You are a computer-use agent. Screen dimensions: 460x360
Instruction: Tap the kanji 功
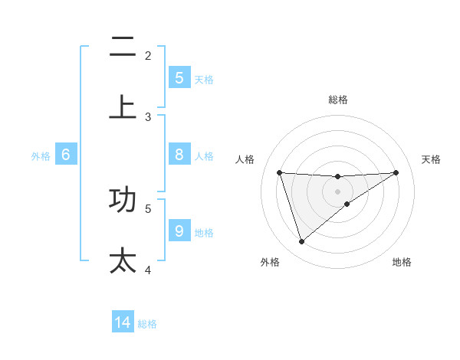[123, 199]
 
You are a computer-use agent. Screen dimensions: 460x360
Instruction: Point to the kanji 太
[123, 260]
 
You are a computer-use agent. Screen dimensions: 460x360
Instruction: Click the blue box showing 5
[179, 77]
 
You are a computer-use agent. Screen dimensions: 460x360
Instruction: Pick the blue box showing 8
[179, 155]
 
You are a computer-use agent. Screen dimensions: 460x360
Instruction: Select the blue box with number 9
[179, 231]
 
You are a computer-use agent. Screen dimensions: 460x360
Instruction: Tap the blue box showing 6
[66, 155]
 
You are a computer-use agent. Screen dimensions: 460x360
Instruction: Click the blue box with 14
[123, 322]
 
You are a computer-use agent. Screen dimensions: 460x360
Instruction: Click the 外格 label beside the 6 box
[41, 155]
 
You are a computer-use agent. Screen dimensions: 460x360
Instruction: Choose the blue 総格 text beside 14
[147, 324]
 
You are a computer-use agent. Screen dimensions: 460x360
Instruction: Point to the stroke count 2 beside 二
[148, 55]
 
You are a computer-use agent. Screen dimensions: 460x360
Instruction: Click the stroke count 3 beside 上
[148, 117]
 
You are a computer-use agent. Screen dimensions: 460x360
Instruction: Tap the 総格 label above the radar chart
[337, 100]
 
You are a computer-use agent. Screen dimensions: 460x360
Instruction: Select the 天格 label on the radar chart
[432, 159]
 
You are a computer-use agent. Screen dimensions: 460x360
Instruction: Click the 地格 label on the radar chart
[402, 262]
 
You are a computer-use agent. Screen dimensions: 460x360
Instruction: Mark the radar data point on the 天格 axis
[396, 172]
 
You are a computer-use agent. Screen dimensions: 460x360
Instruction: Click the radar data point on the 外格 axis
[301, 242]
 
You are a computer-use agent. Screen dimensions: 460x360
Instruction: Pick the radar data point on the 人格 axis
[279, 172]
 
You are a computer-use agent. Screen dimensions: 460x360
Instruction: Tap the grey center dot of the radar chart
[337, 191]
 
